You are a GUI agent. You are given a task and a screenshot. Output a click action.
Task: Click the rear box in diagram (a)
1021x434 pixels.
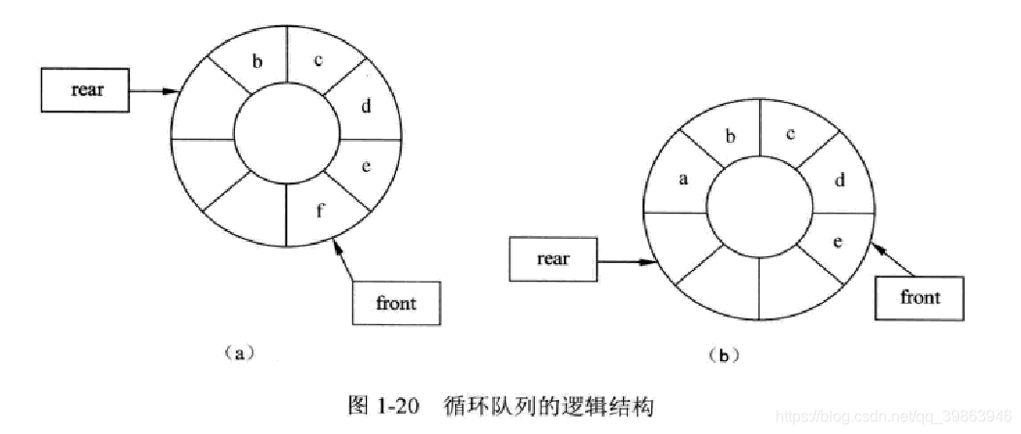point(86,90)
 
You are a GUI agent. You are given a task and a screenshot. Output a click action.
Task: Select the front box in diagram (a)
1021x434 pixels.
point(395,303)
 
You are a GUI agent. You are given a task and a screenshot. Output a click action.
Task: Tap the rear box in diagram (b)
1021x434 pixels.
point(552,259)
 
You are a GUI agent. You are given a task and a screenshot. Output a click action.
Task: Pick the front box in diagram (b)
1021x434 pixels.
point(919,297)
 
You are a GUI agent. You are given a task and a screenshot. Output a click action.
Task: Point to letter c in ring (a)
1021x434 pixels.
point(318,60)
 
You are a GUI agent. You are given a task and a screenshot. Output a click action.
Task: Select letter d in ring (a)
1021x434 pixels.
point(366,107)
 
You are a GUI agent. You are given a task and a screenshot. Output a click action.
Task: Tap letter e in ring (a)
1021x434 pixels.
point(366,167)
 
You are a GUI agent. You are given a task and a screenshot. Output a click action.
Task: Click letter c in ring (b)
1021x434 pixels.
point(791,134)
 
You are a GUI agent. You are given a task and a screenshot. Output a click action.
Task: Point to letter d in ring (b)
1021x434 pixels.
point(840,181)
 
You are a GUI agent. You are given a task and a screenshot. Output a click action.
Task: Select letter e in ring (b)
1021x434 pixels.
point(838,240)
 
